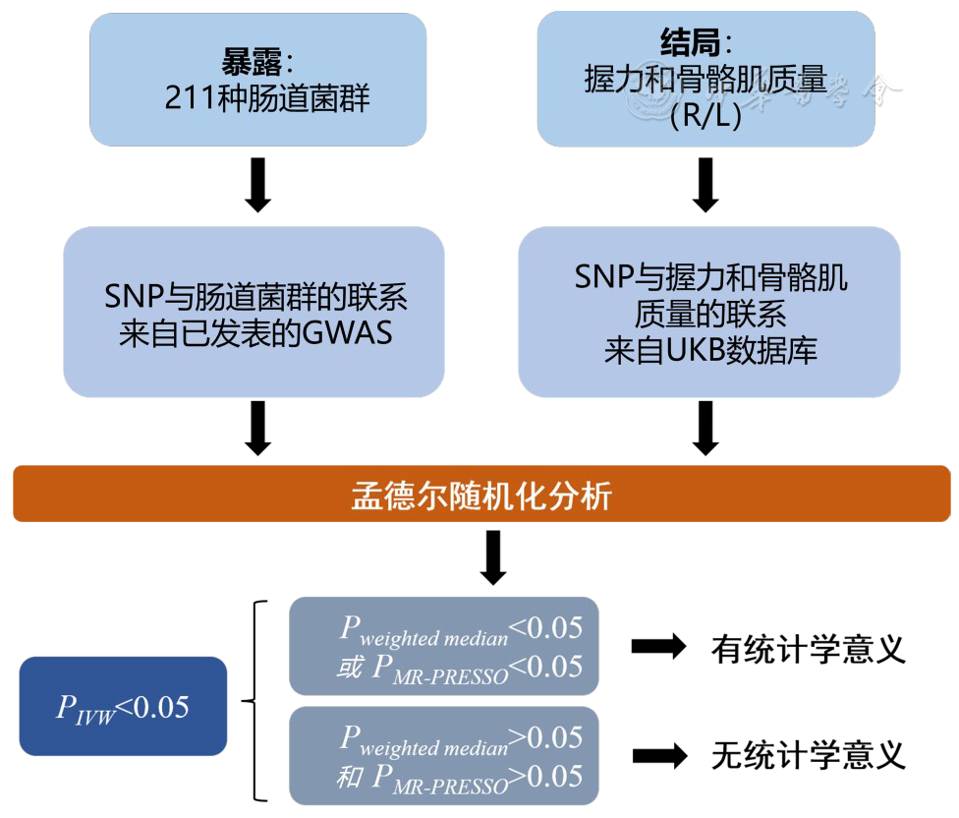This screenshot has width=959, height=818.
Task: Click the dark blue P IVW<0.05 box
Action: click(123, 706)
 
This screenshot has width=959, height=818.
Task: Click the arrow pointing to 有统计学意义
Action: click(658, 646)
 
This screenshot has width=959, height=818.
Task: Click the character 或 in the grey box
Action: click(349, 669)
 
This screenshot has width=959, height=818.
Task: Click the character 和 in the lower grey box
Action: click(349, 779)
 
